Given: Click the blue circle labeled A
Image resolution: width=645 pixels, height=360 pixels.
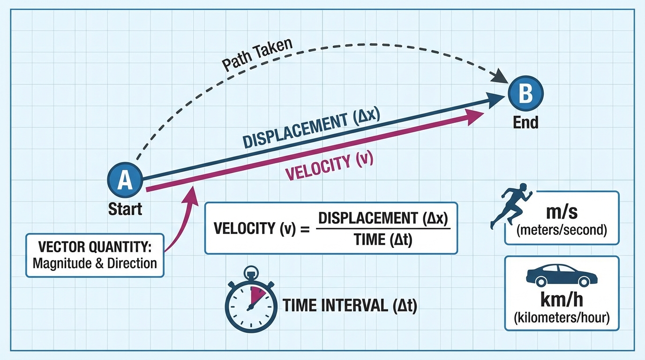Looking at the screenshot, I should (125, 180).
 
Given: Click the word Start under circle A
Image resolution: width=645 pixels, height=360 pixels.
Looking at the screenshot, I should (125, 208).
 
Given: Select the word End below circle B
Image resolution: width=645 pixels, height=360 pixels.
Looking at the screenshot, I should (525, 122).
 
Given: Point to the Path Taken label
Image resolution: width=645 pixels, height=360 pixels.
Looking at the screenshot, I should (257, 55).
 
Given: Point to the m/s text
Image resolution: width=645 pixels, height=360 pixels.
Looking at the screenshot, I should (562, 213).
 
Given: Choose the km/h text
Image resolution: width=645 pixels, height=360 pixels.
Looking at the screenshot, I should (562, 301).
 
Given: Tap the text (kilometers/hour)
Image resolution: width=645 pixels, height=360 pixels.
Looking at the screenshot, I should (562, 318).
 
